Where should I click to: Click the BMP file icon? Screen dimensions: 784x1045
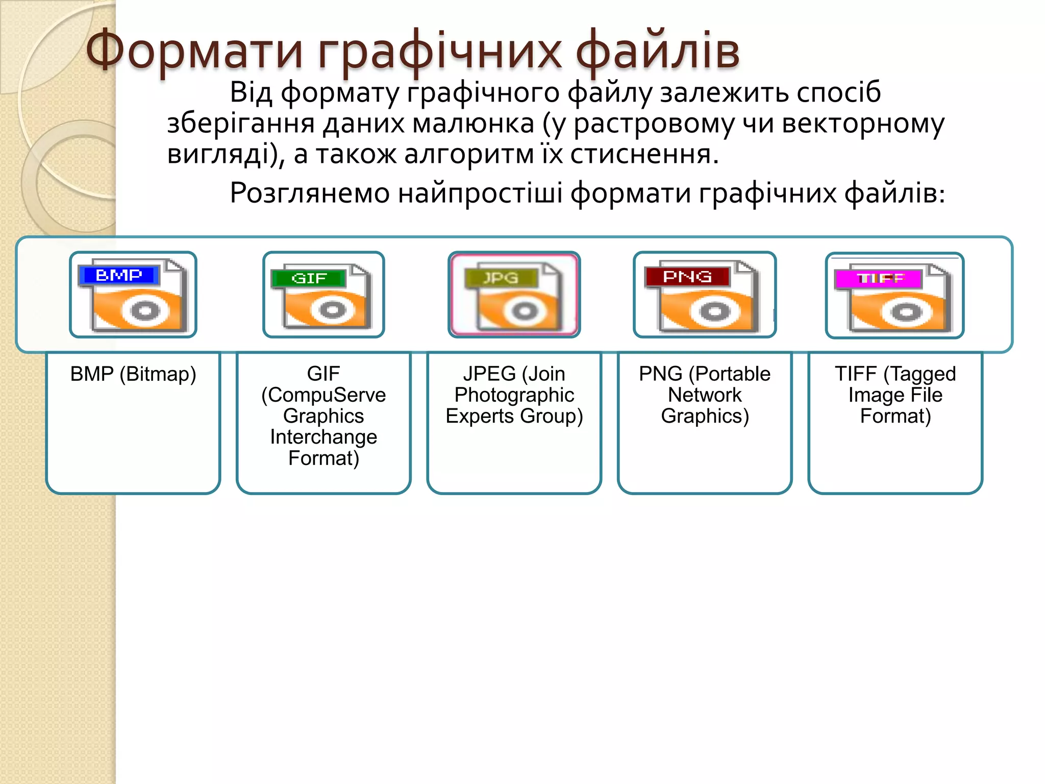[133, 295]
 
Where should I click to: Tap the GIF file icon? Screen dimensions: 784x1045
[324, 295]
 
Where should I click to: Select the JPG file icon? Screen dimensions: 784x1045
[514, 295]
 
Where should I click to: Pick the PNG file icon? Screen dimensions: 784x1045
[705, 295]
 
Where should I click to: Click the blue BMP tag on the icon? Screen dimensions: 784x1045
[119, 275]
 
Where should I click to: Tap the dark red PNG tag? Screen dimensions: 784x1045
[687, 277]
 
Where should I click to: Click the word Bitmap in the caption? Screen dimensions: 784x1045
[158, 375]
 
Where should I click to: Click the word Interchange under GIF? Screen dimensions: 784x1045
[324, 437]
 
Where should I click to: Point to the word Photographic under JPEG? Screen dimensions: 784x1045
[514, 396]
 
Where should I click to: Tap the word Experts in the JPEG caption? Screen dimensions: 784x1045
[480, 416]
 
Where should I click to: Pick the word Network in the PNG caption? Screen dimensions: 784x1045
[705, 396]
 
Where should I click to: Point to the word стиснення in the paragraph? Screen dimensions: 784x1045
[644, 154]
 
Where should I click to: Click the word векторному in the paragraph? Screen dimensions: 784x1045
[863, 124]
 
